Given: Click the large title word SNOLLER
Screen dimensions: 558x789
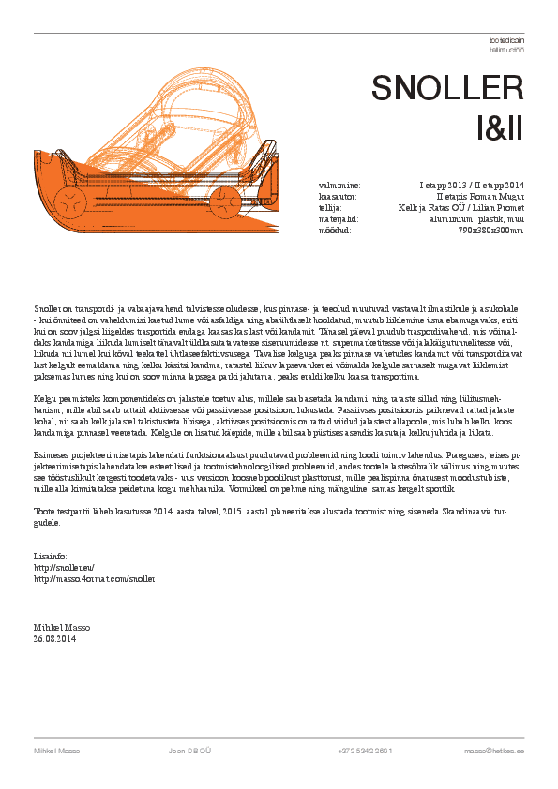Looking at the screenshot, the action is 447,87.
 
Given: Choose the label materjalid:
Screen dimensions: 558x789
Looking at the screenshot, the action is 339,218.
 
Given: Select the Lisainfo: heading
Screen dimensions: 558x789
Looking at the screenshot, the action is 50,558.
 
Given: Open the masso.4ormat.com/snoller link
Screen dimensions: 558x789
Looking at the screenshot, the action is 93,579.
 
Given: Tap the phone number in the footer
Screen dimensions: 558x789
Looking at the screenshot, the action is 365,752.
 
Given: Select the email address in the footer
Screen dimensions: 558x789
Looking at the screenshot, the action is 493,752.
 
